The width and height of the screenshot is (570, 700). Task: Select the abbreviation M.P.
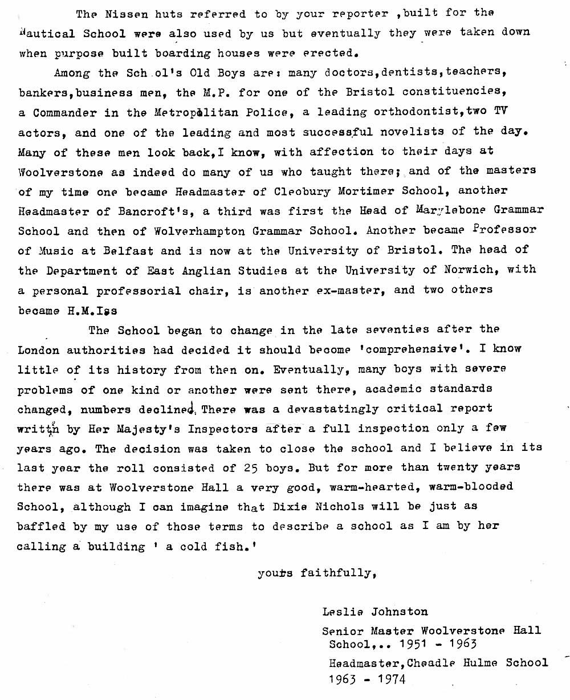click(215, 92)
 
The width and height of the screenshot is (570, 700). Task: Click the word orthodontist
click(414, 112)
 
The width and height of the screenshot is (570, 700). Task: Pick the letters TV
click(500, 112)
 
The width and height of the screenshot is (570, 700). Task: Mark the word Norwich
click(449, 270)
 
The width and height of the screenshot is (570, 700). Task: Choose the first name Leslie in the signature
click(341, 612)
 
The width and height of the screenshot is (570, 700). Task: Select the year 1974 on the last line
click(389, 679)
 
